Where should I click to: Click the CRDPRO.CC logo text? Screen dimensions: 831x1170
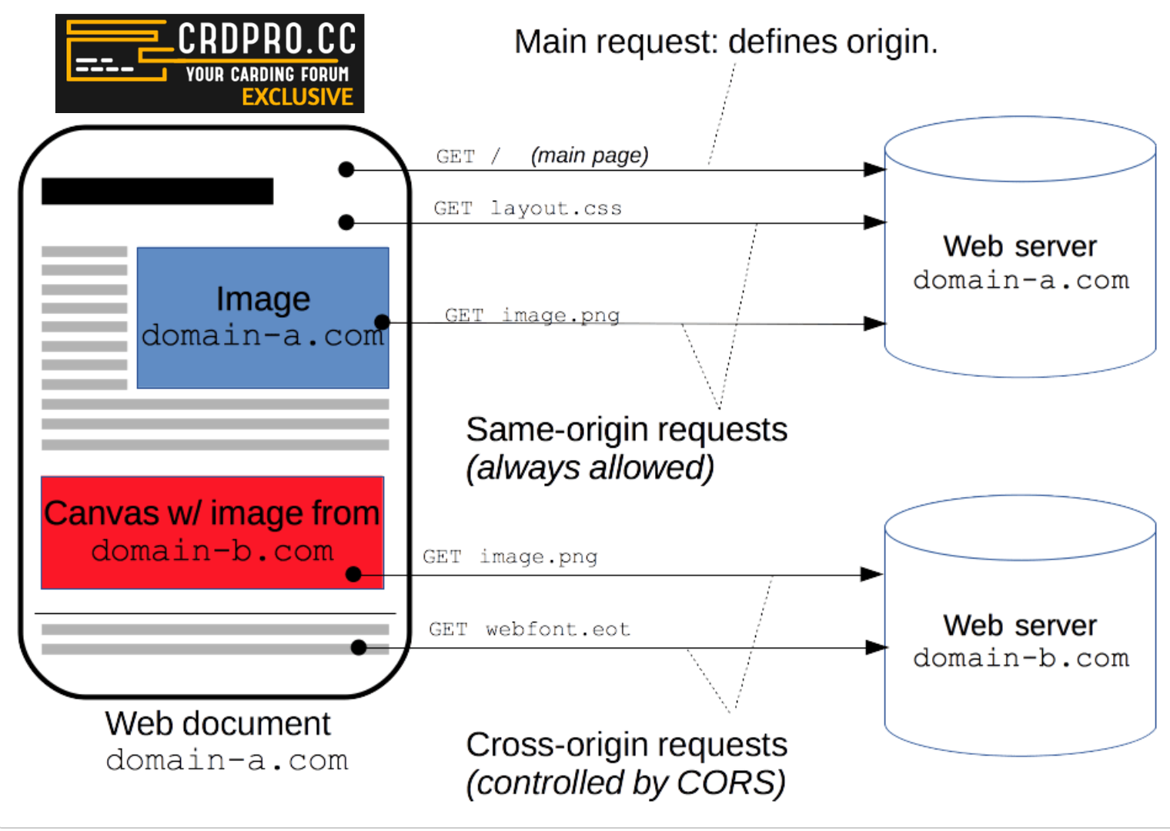pyautogui.click(x=266, y=38)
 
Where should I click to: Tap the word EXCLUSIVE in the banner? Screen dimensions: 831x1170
pyautogui.click(x=297, y=97)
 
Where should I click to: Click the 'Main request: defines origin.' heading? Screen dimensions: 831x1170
pyautogui.click(x=725, y=42)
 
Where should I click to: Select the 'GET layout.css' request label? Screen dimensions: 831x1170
pyautogui.click(x=527, y=209)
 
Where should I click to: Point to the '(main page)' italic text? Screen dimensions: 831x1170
pyautogui.click(x=590, y=155)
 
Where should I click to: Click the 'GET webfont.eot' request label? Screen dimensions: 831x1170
pyautogui.click(x=530, y=629)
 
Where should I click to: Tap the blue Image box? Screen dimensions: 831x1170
pyautogui.click(x=262, y=318)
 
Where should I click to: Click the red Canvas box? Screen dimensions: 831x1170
pyautogui.click(x=212, y=532)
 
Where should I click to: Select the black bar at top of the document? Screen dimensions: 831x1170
pyautogui.click(x=157, y=192)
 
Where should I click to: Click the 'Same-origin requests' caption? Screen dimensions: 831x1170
pyautogui.click(x=627, y=429)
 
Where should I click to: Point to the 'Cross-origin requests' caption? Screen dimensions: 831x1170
pyautogui.click(x=627, y=745)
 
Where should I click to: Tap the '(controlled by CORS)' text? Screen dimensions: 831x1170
pyautogui.click(x=625, y=783)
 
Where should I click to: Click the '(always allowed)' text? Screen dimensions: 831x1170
pyautogui.click(x=590, y=468)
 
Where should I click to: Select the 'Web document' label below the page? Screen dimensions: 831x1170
pyautogui.click(x=218, y=724)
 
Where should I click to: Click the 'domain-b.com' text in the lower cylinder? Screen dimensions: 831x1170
pyautogui.click(x=1021, y=659)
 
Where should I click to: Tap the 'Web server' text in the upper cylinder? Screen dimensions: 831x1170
pyautogui.click(x=1020, y=247)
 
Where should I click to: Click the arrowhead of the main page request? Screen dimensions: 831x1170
pyautogui.click(x=875, y=170)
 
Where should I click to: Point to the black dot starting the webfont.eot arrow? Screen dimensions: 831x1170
pyautogui.click(x=358, y=648)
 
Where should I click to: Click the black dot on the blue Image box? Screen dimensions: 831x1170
pyautogui.click(x=382, y=322)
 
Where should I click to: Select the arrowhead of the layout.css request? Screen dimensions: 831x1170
pyautogui.click(x=875, y=223)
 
